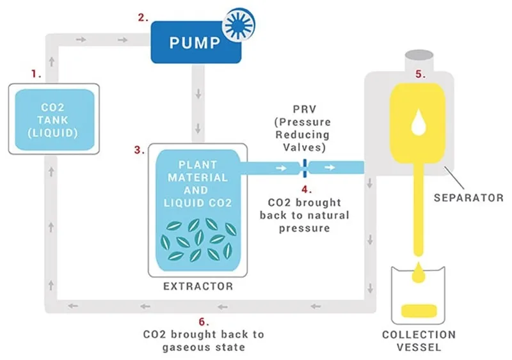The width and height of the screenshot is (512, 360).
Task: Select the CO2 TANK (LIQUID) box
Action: tap(54, 119)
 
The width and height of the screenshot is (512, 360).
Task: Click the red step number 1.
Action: tap(36, 74)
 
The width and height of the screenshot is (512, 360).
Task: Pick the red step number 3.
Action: tap(138, 150)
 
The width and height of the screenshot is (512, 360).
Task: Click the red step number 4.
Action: tap(305, 189)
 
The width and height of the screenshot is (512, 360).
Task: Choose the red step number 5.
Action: tap(419, 74)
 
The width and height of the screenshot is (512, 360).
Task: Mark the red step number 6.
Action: tap(204, 321)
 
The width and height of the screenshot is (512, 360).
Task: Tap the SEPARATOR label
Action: tap(468, 198)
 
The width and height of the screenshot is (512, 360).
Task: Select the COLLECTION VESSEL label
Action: tap(419, 341)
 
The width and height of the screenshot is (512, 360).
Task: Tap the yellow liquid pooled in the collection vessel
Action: tap(419, 311)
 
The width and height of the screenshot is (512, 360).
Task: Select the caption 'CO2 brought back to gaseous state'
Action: tap(204, 340)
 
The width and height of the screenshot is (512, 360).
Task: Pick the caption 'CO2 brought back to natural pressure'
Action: tap(305, 215)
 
